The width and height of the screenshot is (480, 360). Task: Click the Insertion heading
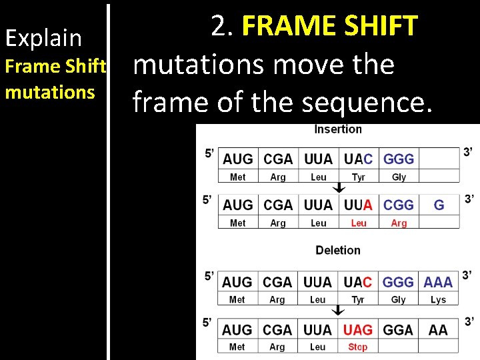[x=338, y=129]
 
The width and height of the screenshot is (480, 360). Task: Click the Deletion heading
[x=338, y=250]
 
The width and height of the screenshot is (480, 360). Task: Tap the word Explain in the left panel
[x=43, y=38]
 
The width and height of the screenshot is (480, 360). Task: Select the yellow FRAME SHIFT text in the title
[x=330, y=27]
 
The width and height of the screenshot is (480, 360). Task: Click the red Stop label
[x=358, y=347]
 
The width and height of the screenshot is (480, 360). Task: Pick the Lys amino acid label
[x=438, y=300]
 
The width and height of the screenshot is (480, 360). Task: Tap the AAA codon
[x=438, y=282]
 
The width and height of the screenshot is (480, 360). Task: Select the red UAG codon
[x=358, y=330]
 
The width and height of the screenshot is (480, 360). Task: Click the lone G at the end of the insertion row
[x=439, y=205]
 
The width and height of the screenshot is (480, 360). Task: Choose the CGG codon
[x=399, y=205]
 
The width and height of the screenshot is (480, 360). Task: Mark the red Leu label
[x=359, y=223]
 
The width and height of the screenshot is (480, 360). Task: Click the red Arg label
[x=399, y=223]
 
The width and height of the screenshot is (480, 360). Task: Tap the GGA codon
[x=398, y=330]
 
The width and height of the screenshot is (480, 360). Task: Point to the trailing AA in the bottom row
[x=438, y=330]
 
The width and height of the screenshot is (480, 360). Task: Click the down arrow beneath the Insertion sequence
[x=339, y=188]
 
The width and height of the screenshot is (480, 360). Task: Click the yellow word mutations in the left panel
[x=50, y=92]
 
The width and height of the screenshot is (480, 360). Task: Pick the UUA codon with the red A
[x=358, y=205]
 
